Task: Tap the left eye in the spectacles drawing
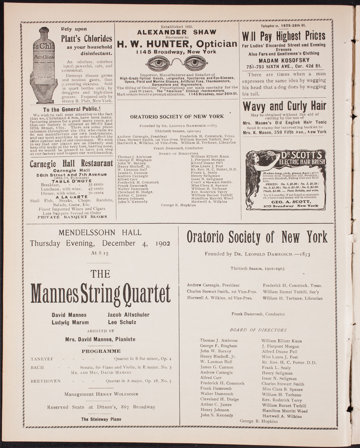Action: [x=158, y=63]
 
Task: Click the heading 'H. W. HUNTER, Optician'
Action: [x=177, y=44]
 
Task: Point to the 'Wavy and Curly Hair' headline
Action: [x=284, y=106]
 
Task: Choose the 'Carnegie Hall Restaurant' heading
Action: [x=71, y=163]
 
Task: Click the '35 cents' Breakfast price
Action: [x=96, y=184]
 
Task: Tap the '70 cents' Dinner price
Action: [x=96, y=193]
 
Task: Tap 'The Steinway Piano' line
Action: [x=101, y=419]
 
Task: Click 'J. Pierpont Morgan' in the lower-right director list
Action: [x=280, y=346]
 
